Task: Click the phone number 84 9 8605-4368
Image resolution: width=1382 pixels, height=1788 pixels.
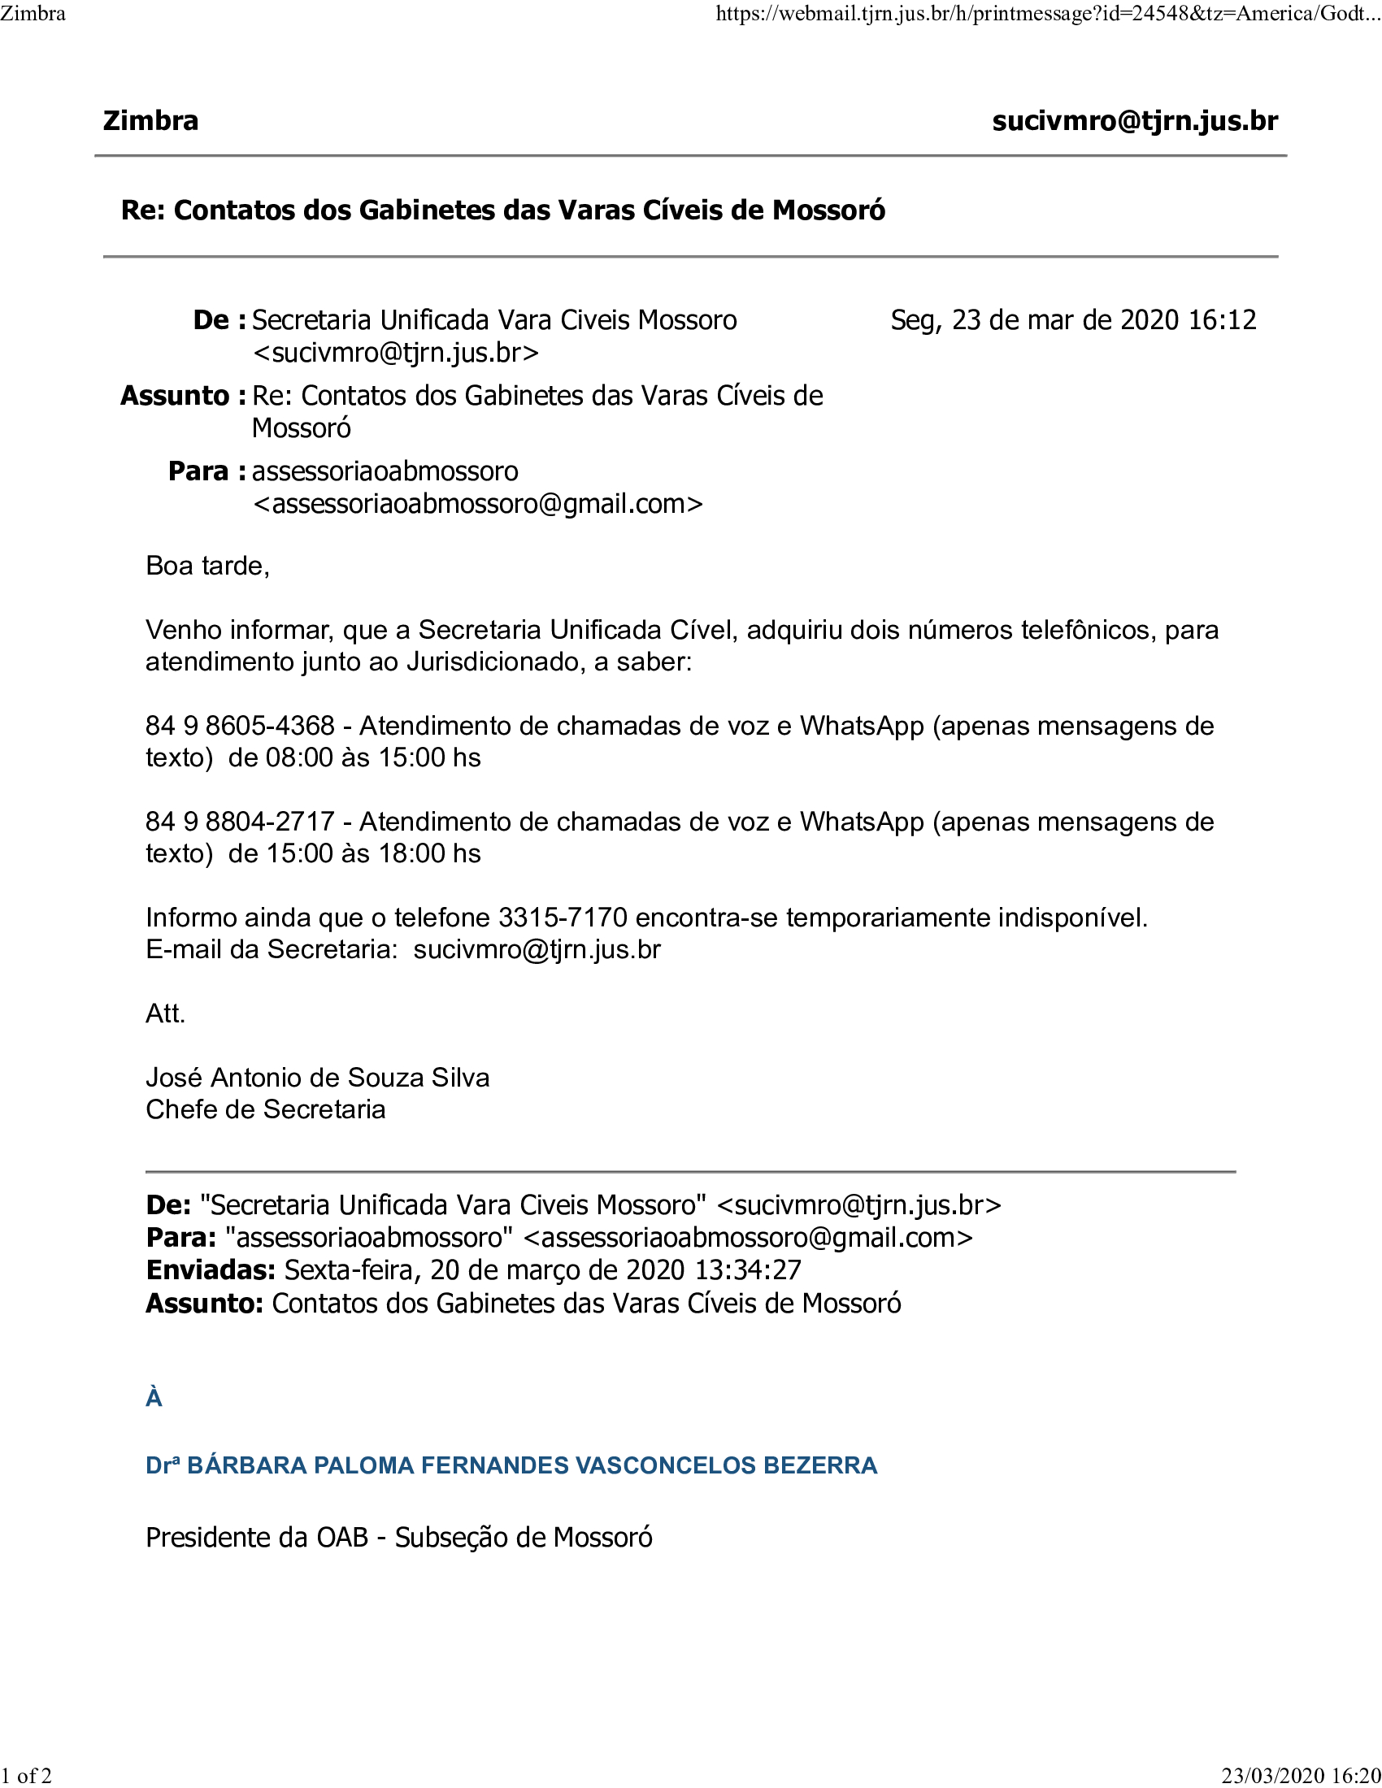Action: (x=240, y=725)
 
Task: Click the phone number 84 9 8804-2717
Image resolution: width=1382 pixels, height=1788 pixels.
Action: (x=240, y=821)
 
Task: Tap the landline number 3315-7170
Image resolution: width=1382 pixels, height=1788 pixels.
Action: (x=563, y=918)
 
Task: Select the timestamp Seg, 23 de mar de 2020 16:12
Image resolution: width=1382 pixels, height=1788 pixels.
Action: (x=1072, y=320)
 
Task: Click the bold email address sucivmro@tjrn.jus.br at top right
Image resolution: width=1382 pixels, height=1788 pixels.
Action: (x=1134, y=121)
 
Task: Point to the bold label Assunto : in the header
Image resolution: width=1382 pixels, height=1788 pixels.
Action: (x=183, y=397)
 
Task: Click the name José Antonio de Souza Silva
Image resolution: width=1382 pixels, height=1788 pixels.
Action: (x=318, y=1078)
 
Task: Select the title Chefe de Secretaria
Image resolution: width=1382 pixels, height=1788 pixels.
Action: (x=265, y=1109)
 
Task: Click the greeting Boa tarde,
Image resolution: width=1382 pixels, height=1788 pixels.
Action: (x=207, y=566)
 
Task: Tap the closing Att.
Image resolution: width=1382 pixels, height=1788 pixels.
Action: (x=165, y=1013)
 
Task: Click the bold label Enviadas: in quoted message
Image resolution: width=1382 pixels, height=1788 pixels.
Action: (x=211, y=1269)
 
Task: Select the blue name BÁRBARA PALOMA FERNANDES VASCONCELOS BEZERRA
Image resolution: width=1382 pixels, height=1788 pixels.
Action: (x=532, y=1465)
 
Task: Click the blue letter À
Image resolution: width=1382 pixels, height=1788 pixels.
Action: (x=154, y=1399)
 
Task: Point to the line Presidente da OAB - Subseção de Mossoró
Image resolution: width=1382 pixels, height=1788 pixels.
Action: (x=398, y=1538)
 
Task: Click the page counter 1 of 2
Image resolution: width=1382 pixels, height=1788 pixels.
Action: (x=26, y=1776)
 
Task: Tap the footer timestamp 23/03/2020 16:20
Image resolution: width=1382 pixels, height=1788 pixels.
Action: (x=1301, y=1776)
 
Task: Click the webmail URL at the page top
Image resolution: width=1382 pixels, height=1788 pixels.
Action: (x=1047, y=14)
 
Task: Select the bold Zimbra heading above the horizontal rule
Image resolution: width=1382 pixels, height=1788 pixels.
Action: (x=150, y=121)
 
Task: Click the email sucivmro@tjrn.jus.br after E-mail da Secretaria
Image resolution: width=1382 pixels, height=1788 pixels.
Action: (x=537, y=949)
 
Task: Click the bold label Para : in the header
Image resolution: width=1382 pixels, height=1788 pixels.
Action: (x=206, y=471)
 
